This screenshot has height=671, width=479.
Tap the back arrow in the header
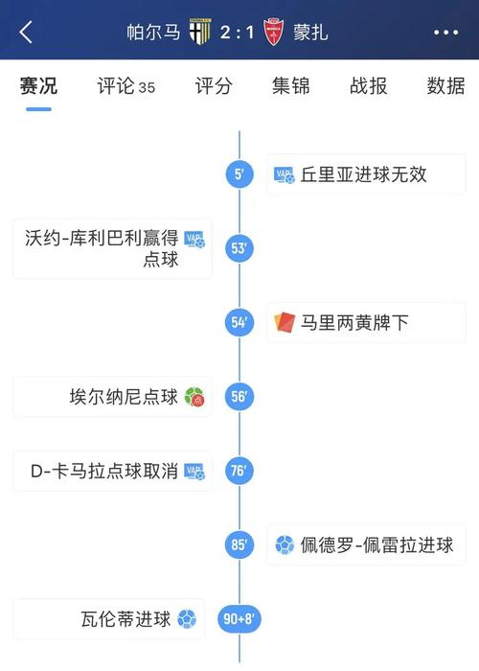(26, 32)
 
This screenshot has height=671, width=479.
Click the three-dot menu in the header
(445, 32)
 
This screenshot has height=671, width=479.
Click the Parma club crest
(200, 32)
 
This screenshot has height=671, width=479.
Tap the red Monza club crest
(273, 32)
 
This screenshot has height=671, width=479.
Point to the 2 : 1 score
(237, 33)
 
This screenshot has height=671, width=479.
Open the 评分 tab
(214, 86)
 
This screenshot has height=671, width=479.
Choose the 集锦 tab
(291, 86)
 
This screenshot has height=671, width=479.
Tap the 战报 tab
(368, 86)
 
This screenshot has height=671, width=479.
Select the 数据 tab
(445, 86)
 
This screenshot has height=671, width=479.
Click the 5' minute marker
(239, 174)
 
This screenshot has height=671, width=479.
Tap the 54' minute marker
(239, 322)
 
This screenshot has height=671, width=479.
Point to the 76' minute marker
(239, 471)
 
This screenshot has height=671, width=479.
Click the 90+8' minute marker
(239, 619)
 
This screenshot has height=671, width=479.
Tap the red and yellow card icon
(285, 322)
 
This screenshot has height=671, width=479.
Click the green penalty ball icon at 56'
(194, 397)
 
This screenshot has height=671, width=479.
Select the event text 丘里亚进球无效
(363, 174)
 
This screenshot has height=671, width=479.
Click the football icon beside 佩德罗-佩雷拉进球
(285, 544)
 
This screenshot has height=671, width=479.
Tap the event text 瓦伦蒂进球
(125, 619)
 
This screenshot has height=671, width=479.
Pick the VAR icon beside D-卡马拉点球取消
(194, 472)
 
